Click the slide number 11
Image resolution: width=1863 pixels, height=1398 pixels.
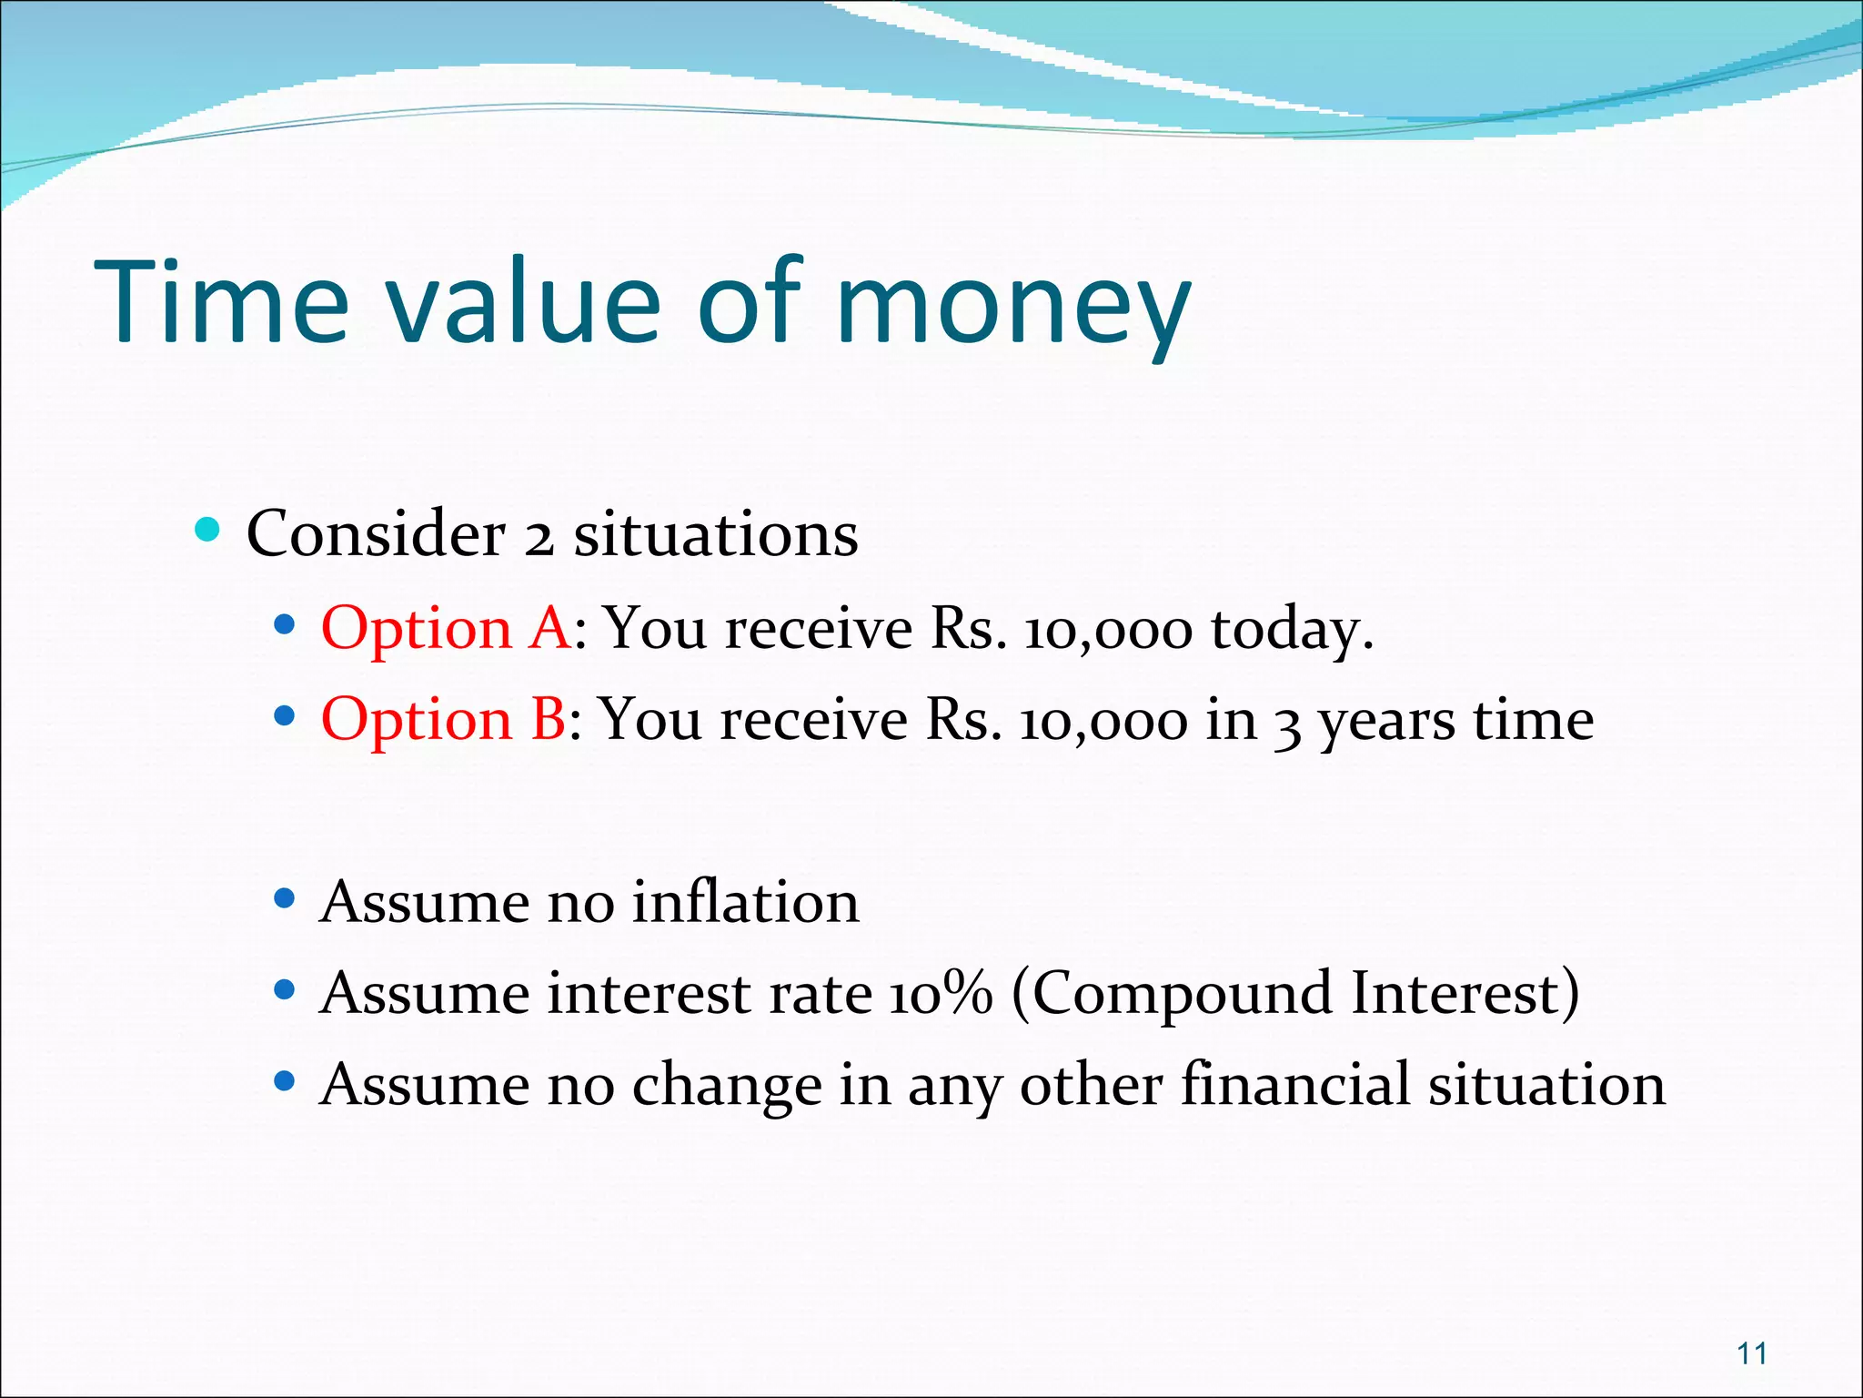click(1751, 1353)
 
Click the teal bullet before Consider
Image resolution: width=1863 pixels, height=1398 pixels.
click(207, 530)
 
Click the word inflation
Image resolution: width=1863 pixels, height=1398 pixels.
click(745, 903)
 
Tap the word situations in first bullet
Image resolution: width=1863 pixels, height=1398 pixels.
click(715, 535)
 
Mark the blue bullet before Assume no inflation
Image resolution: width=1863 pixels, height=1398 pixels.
click(285, 899)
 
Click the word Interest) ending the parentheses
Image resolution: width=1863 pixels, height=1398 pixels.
click(1465, 994)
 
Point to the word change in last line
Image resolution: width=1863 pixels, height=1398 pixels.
click(727, 1087)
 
